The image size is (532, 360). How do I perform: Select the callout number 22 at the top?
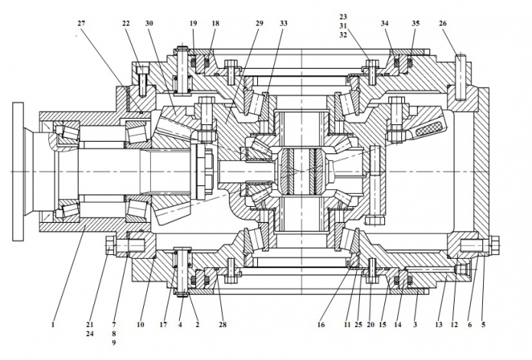(126, 24)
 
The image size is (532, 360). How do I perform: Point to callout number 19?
(193, 24)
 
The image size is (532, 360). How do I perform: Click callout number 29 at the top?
(259, 24)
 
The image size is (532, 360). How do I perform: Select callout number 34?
(385, 24)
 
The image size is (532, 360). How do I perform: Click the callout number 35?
(416, 24)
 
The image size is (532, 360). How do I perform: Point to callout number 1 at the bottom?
(53, 325)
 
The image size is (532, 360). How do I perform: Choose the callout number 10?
(141, 325)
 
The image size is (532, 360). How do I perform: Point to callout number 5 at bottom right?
(483, 325)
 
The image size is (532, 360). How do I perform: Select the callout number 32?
(343, 34)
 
